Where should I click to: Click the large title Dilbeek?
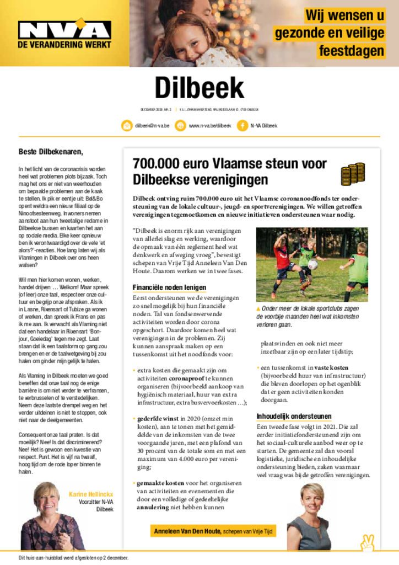[199, 88]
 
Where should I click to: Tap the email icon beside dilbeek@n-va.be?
[127, 125]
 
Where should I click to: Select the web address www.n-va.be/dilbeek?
[209, 126]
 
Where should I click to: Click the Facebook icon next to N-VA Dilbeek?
[242, 125]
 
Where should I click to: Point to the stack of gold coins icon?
[352, 173]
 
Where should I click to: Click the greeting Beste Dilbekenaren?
[51, 151]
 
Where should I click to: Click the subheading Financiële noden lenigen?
[169, 287]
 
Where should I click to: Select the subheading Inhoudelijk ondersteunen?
[294, 416]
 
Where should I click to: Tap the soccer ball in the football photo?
[312, 264]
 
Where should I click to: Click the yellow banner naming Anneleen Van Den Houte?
[213, 531]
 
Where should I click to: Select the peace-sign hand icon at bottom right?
[367, 543]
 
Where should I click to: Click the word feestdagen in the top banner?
[351, 51]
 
